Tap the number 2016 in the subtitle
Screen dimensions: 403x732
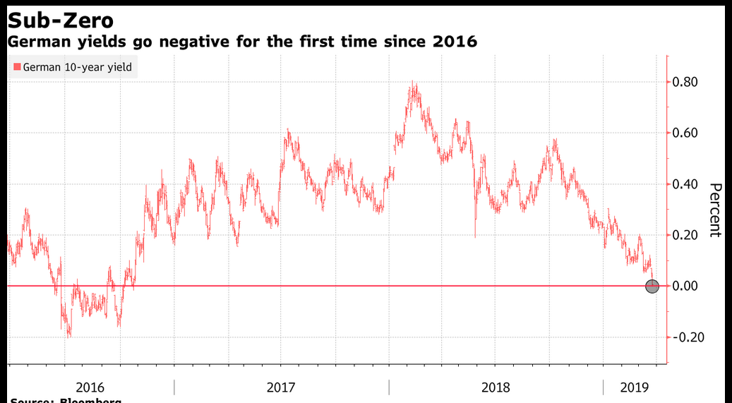pos(455,42)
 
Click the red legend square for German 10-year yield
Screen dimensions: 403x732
pos(17,68)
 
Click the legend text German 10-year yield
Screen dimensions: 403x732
pos(77,68)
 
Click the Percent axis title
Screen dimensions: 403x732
pos(715,210)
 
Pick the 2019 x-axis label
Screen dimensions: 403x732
pos(634,387)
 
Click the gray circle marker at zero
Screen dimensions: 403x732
pos(652,286)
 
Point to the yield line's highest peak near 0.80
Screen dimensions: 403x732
pos(414,84)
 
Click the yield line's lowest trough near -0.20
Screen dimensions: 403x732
pos(68,335)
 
